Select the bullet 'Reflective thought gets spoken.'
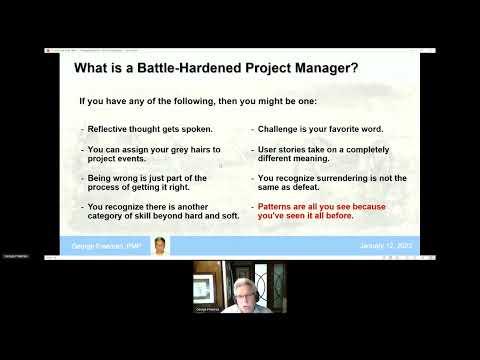coord(150,129)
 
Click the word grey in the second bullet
coord(167,149)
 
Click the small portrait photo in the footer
coord(161,245)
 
